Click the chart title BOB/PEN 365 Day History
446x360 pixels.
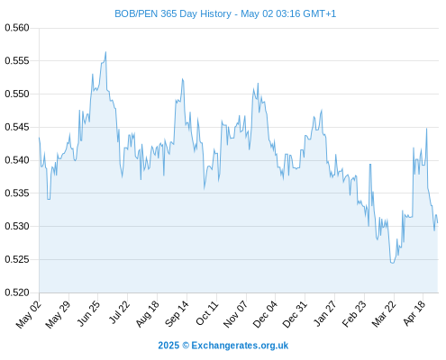(173, 14)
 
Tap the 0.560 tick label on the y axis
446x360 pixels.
(17, 28)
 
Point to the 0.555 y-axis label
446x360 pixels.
(17, 61)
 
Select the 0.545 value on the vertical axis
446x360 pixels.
(17, 127)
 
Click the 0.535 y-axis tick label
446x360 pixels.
(17, 193)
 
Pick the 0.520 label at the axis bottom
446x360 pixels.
(17, 292)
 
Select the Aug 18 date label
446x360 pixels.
(148, 313)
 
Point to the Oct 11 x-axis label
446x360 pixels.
(207, 313)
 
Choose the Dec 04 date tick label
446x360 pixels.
(265, 313)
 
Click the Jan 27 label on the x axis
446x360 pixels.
(325, 313)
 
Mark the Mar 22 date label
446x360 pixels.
(384, 313)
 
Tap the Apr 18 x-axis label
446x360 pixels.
(414, 313)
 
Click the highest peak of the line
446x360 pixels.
(105, 52)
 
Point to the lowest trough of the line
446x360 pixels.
(392, 263)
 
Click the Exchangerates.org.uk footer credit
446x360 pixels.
(240, 346)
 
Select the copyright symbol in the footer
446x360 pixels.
(186, 346)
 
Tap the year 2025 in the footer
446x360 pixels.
(168, 346)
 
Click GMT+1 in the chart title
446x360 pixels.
(320, 14)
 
